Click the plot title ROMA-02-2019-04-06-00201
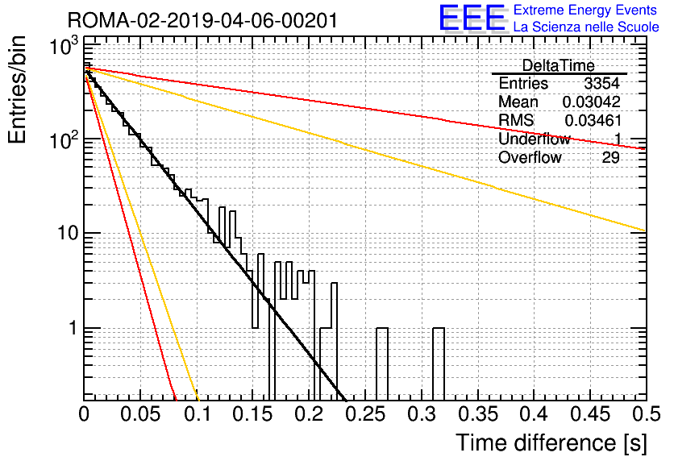[x=202, y=21]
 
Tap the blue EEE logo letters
[x=472, y=18]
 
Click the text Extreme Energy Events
[x=585, y=10]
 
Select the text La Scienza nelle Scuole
[x=586, y=27]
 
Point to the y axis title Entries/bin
[x=17, y=89]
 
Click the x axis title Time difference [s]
[x=551, y=443]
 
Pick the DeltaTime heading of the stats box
[x=559, y=66]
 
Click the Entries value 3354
[x=601, y=83]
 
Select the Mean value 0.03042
[x=592, y=102]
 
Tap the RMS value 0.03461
[x=593, y=121]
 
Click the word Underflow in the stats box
[x=535, y=139]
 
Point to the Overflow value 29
[x=611, y=158]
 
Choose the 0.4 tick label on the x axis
[x=535, y=414]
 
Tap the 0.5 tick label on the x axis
[x=646, y=414]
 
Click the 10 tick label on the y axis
[x=68, y=233]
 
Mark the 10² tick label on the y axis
[x=64, y=139]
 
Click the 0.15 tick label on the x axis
[x=253, y=414]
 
